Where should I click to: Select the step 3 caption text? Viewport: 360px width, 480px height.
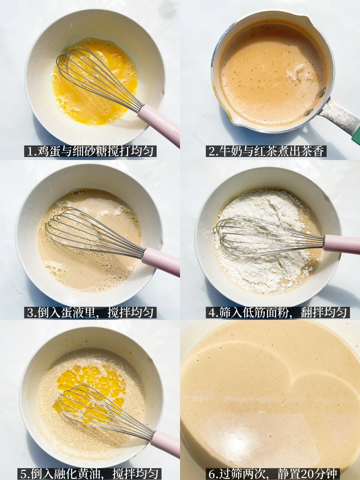click(x=90, y=313)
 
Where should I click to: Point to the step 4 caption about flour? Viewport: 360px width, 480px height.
click(x=278, y=313)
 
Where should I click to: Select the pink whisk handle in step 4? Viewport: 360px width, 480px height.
click(x=342, y=245)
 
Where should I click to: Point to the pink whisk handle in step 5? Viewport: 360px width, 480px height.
click(x=165, y=437)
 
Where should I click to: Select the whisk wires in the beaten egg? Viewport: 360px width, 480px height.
click(x=98, y=76)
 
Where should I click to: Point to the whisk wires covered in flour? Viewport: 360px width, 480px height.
click(x=268, y=237)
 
